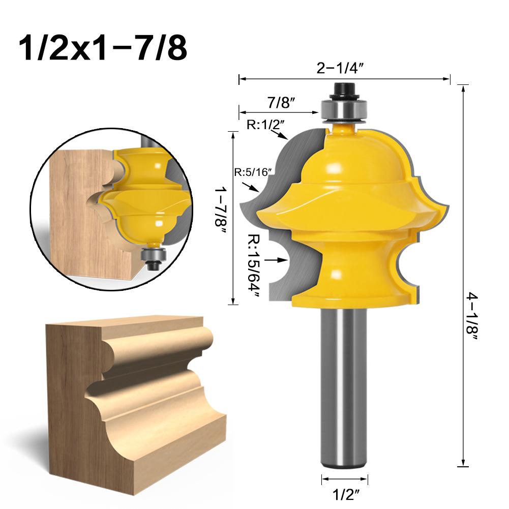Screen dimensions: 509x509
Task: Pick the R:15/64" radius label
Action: tap(254, 266)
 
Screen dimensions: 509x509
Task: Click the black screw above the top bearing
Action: tap(344, 90)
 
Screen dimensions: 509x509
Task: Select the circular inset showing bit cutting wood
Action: tap(109, 203)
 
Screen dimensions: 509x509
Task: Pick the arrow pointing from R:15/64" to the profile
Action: tap(278, 259)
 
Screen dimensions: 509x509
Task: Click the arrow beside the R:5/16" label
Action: tap(252, 188)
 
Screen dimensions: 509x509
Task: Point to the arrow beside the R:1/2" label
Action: tap(279, 135)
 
